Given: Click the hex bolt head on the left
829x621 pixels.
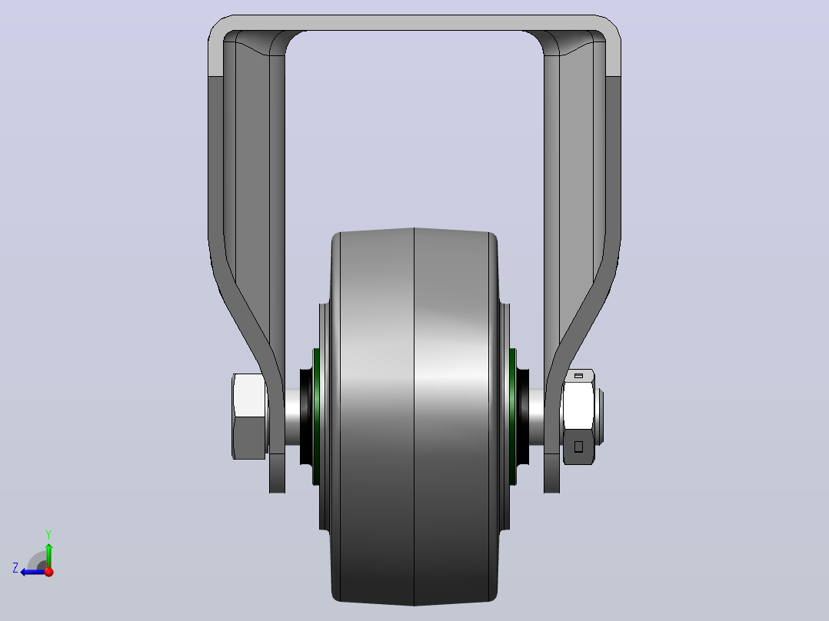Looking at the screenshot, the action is (x=249, y=417).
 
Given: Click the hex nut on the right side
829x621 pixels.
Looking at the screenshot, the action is (x=578, y=417).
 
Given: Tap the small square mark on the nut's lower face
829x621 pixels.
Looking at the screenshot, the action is (x=578, y=447).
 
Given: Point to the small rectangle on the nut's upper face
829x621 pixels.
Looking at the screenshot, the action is (x=578, y=376).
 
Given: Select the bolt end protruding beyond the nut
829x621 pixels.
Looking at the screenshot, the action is (x=600, y=417).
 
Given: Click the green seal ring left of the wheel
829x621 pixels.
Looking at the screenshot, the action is (x=316, y=417).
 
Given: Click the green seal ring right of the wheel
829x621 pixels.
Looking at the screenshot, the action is (x=512, y=417).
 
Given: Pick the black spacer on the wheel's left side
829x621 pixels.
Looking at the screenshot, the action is (x=306, y=417).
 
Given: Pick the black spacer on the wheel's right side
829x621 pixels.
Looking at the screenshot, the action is (x=522, y=417).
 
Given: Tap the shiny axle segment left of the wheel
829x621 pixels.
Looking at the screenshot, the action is (x=292, y=417).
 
